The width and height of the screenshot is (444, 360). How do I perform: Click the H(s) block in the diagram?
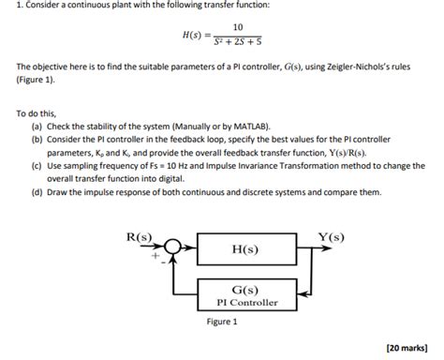[x=244, y=250]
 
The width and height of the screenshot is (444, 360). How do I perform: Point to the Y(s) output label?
[x=332, y=236]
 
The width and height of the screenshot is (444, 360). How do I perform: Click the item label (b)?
[x=37, y=137]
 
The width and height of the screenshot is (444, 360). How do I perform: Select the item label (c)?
[x=37, y=163]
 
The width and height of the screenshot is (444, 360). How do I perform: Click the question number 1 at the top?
[x=5, y=7]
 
